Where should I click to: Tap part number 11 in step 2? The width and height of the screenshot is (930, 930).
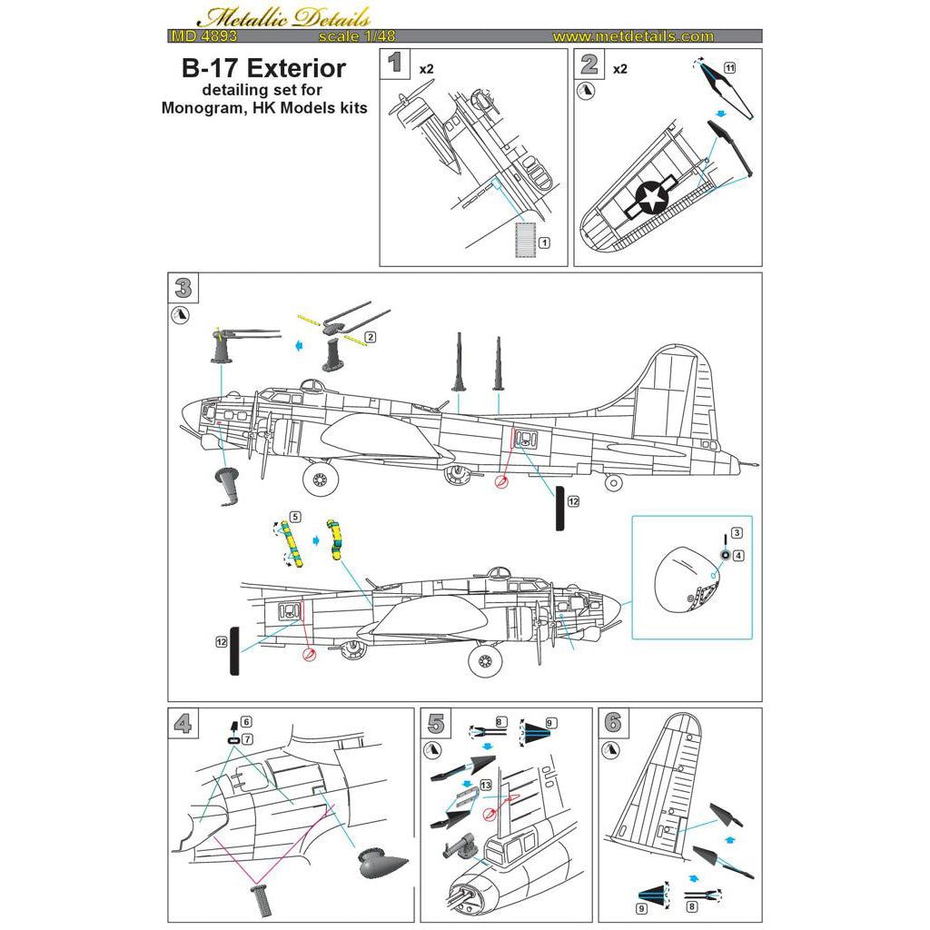tap(728, 68)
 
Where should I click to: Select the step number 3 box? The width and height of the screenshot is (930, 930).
tap(183, 288)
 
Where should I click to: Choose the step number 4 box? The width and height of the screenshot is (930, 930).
tap(183, 723)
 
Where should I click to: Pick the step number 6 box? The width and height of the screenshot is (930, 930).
tap(614, 723)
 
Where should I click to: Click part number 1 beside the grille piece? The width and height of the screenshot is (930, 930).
tap(544, 243)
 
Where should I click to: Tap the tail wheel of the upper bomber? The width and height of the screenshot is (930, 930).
tap(615, 483)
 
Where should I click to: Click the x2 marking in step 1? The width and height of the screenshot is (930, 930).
tap(426, 68)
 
